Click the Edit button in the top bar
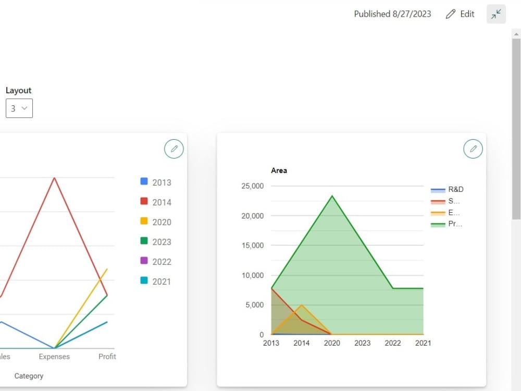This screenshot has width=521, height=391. point(460,14)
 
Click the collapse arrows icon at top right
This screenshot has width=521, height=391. point(496,14)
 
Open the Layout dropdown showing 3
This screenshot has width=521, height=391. point(19,108)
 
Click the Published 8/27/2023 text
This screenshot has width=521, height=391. point(392,14)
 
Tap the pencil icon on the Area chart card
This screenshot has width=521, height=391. point(473,149)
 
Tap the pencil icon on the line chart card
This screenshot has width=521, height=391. point(174,149)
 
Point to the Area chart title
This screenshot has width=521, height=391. point(279,170)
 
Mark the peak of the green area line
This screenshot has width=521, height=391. point(332,196)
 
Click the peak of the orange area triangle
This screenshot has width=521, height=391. point(301,305)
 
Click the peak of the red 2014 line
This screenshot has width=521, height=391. point(54,178)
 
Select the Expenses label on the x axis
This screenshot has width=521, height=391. point(54,357)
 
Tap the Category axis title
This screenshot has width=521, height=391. point(29,376)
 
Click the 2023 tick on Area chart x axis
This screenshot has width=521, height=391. point(362,343)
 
